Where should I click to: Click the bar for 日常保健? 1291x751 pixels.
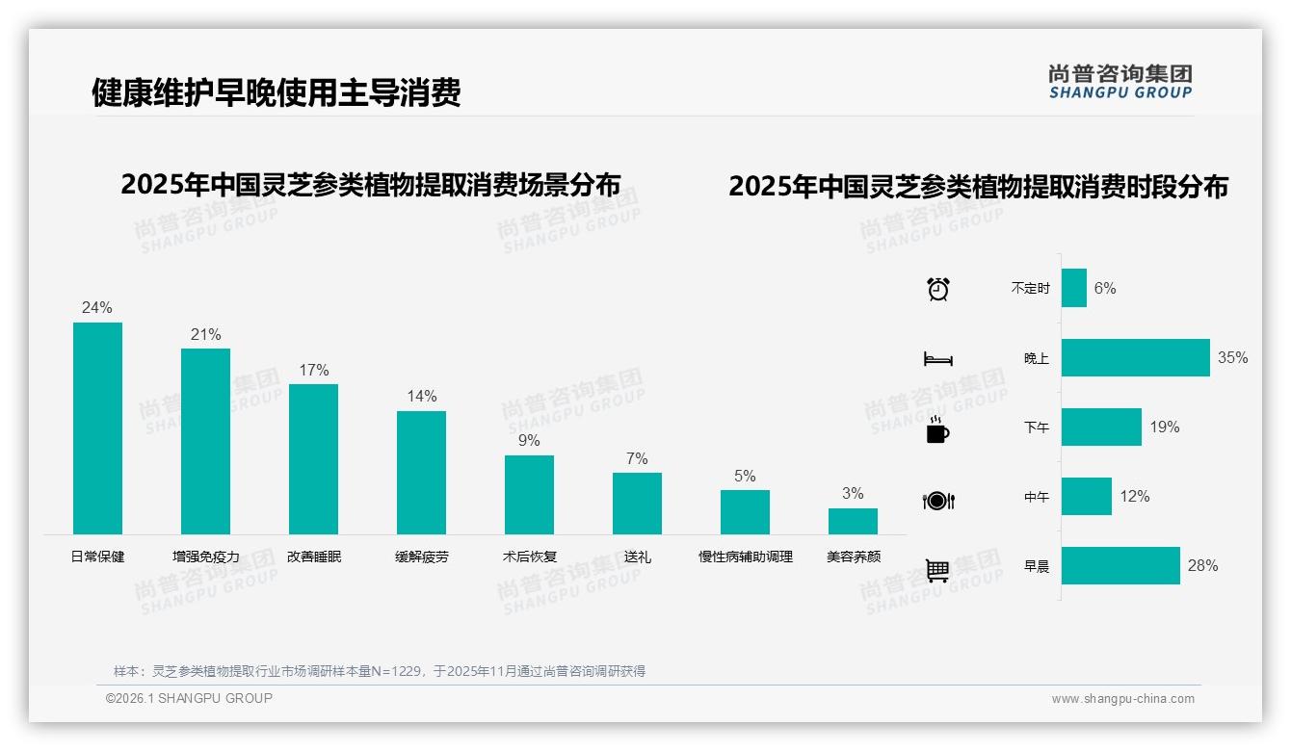click(x=97, y=428)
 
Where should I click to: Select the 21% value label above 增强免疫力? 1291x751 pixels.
click(x=205, y=335)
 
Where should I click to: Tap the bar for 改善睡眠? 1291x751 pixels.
click(x=313, y=459)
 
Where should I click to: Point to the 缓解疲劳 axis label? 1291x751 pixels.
click(x=421, y=557)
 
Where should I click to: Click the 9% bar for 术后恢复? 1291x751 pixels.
click(x=529, y=495)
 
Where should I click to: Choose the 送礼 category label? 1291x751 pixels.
click(x=637, y=557)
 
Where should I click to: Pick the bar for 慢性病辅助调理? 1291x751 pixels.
click(x=745, y=512)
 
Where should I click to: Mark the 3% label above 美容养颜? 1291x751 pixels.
click(x=853, y=494)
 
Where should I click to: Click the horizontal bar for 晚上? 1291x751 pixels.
click(x=1135, y=357)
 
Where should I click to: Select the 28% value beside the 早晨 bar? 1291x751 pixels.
click(x=1202, y=566)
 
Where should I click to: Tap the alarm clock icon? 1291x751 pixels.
click(x=937, y=289)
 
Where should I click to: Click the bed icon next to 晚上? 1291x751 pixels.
click(x=937, y=359)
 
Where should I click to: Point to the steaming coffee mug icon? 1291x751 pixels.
click(x=937, y=429)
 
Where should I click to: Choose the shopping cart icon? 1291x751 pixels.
click(x=937, y=571)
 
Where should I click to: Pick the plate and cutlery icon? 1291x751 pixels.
click(x=937, y=501)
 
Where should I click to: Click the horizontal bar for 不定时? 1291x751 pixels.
click(x=1074, y=288)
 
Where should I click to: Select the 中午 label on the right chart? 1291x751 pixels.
click(x=1037, y=498)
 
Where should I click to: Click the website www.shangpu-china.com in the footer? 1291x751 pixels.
click(x=1122, y=699)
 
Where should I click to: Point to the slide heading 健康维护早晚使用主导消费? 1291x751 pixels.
click(x=276, y=92)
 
